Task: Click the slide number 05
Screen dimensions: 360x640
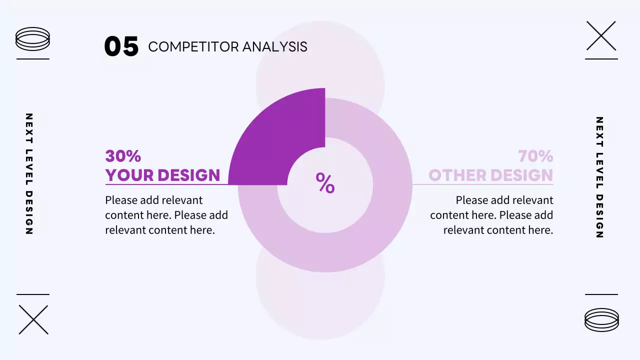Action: point(121,46)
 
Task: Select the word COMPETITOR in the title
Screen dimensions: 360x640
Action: point(193,47)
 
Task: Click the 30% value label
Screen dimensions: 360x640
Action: point(123,156)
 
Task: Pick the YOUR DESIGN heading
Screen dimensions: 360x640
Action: point(162,175)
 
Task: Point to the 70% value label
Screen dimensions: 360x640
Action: point(535,156)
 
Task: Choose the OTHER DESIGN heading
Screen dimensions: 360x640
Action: point(490,175)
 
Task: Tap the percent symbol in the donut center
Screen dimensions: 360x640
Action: point(325,183)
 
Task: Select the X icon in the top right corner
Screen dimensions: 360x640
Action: point(601,36)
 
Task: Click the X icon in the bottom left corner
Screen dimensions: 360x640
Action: point(33,319)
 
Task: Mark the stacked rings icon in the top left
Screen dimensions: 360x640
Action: point(33,39)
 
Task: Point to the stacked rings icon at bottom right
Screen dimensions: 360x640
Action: point(601,319)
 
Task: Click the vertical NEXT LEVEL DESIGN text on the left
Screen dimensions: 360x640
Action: point(29,174)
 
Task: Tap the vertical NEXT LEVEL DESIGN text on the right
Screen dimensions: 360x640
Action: point(599,177)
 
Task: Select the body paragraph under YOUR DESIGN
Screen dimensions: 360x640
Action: point(166,215)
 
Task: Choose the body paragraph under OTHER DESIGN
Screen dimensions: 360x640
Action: point(491,215)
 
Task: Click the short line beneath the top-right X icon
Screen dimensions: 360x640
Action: point(601,59)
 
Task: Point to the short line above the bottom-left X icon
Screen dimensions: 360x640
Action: point(33,294)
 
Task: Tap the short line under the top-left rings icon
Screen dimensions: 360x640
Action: point(33,59)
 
